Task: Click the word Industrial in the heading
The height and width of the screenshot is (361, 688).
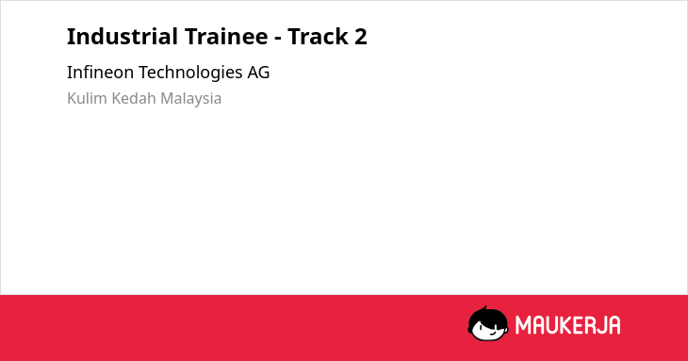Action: (123, 36)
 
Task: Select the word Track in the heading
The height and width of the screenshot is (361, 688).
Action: (317, 36)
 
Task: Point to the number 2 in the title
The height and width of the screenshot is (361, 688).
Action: (360, 37)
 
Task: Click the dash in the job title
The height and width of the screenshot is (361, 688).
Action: (278, 39)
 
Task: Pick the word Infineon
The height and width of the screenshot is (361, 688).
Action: (101, 72)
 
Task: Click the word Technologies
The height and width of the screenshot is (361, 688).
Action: (190, 73)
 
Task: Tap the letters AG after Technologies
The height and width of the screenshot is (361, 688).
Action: (258, 73)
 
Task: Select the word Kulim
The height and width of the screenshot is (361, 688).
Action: (88, 98)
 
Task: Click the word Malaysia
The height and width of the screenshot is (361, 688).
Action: (191, 99)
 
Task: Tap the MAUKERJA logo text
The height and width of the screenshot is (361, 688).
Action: (567, 325)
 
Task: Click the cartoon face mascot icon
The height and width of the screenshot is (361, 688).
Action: (488, 323)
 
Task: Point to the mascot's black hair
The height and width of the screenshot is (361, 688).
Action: (488, 315)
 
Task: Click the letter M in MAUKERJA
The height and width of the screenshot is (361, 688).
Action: (523, 325)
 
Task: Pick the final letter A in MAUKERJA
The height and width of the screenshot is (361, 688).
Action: (614, 325)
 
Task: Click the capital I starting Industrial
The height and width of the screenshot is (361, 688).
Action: (70, 37)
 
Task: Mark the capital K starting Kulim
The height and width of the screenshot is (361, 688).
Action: (72, 98)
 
